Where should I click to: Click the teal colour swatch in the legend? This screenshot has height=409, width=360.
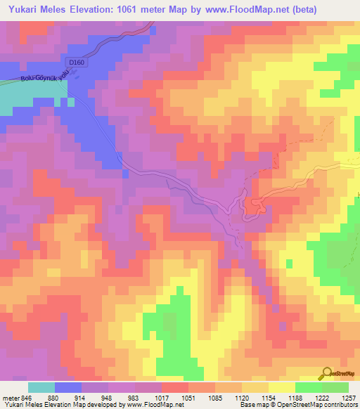41,387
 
